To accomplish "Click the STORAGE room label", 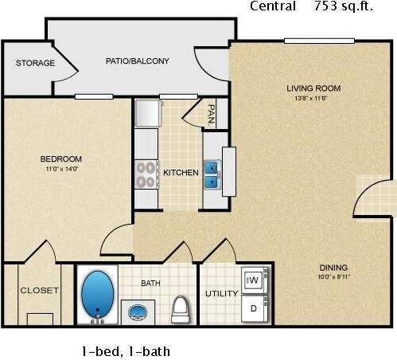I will tap(36, 63).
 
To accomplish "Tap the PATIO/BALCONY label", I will tap(137, 61).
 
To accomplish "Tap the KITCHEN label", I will tap(181, 172).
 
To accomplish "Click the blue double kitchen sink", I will tap(212, 174).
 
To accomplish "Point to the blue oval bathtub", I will tap(98, 294).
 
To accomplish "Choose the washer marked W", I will tap(254, 280).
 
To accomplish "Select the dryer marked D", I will tap(254, 307).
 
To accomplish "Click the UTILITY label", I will tap(221, 293).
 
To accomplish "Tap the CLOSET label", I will tap(39, 291).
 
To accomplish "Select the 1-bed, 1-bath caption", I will tap(125, 350).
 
